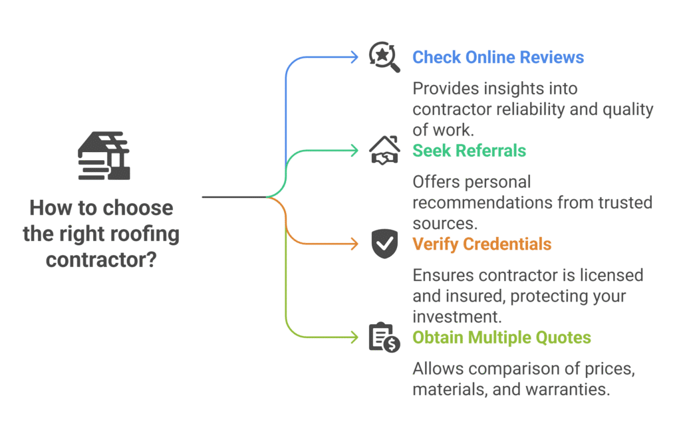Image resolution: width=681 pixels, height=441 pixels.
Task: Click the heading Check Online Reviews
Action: coord(498,57)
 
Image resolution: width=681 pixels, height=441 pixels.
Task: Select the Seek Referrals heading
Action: coord(469,151)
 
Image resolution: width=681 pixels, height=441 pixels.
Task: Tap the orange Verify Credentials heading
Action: coord(481,244)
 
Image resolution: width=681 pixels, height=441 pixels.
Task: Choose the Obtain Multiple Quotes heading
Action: coord(501,337)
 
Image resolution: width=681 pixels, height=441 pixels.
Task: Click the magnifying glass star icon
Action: coord(384,58)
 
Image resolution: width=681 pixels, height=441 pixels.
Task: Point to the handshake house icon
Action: coord(384,150)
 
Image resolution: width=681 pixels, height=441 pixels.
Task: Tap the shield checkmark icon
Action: coord(384,244)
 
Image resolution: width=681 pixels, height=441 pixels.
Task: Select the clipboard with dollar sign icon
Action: coord(384,337)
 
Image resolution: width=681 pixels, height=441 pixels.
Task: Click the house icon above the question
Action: coord(104,155)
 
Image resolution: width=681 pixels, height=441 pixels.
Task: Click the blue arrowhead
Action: coord(355,57)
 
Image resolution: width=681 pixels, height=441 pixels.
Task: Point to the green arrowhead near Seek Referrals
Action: coord(355,151)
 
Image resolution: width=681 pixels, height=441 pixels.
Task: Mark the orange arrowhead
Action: coord(355,244)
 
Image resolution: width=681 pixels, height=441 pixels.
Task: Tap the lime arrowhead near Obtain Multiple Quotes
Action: coord(355,337)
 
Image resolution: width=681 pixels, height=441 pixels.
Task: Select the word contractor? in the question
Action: coord(101,259)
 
